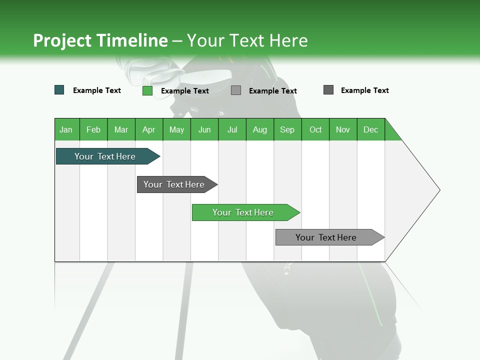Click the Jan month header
point(66,129)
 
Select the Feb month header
point(93,129)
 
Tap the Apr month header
point(148,129)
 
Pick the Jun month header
point(204,129)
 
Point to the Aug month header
point(259,129)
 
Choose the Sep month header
point(287,129)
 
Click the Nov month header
point(343,129)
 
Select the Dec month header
point(370,129)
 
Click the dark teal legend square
point(59,90)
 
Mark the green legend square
point(147,90)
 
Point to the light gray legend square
point(236,90)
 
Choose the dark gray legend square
point(328,90)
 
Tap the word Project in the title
point(62,40)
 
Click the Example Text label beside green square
point(185,90)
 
